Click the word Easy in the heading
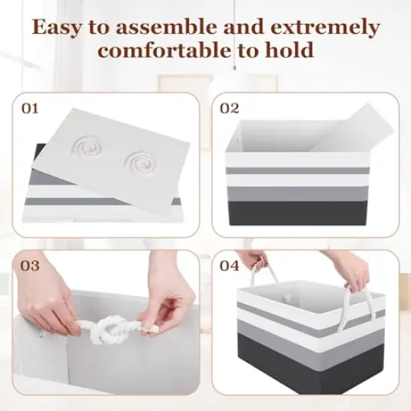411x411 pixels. [59, 28]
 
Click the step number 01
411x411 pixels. [29, 108]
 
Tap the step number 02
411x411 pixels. [229, 108]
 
